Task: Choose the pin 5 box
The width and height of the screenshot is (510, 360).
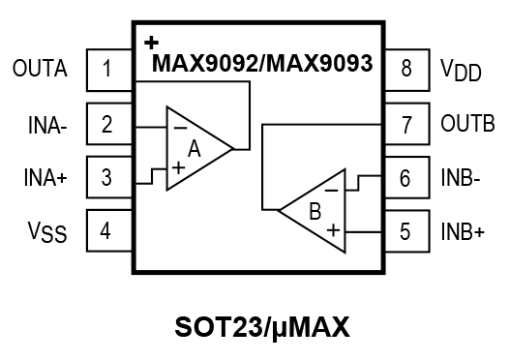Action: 405,231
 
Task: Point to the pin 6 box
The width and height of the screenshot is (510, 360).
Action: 405,178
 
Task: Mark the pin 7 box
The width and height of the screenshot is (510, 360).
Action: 405,125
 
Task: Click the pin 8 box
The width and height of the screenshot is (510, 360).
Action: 405,71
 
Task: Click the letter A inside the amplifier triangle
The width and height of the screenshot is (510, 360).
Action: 194,149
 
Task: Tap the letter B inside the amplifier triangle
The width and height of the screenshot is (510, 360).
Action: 315,210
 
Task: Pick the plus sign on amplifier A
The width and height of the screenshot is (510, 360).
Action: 179,167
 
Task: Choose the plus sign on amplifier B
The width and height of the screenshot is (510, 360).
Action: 332,230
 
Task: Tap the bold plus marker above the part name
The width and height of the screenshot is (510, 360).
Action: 150,43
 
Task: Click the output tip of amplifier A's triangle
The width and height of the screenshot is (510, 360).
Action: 233,148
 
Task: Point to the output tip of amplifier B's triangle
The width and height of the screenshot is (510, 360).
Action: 280,209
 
